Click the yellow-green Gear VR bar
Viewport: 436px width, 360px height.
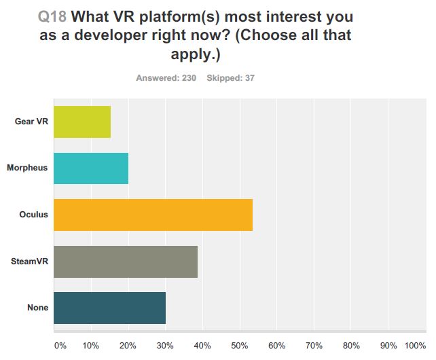point(81,122)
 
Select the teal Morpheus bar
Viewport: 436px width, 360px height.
point(90,168)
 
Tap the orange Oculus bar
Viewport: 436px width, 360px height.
point(153,215)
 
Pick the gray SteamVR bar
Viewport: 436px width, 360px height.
point(125,262)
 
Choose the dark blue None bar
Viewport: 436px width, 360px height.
point(109,308)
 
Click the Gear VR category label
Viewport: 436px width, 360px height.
point(31,122)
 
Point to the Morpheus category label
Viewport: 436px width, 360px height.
point(28,168)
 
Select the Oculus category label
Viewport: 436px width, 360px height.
point(34,215)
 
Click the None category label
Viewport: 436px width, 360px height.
point(39,308)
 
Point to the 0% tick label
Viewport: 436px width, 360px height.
point(60,345)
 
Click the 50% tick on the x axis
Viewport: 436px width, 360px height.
point(239,345)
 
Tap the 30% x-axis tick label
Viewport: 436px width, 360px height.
point(165,345)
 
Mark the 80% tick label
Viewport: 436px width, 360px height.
point(350,345)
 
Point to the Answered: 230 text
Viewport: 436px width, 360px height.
point(166,78)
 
